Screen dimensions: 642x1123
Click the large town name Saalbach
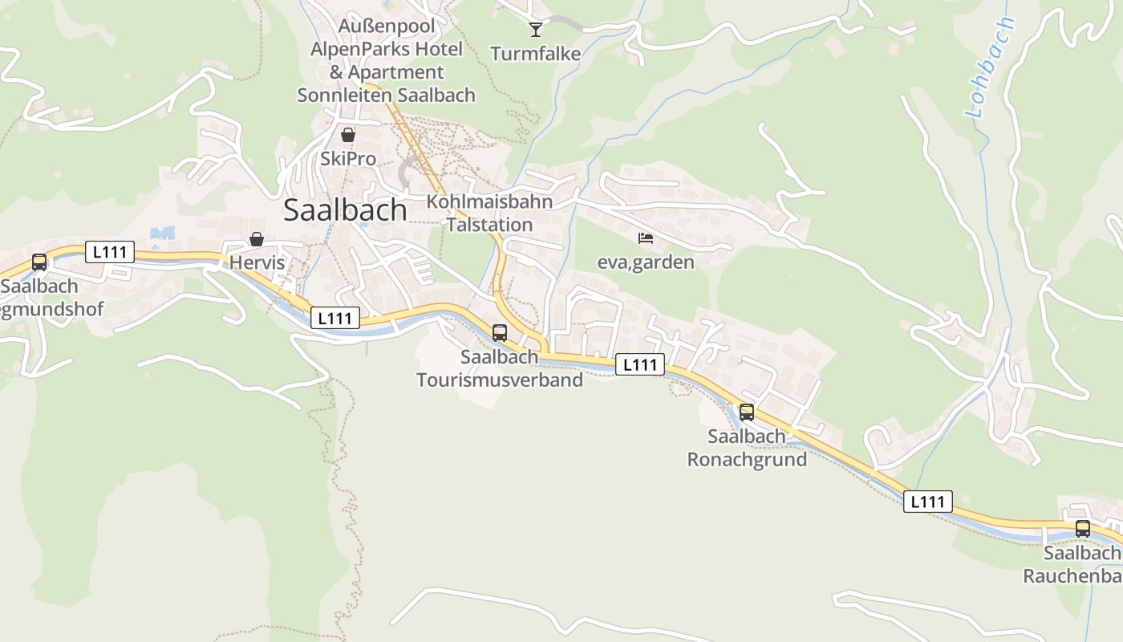click(345, 209)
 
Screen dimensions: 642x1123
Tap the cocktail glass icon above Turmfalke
click(536, 30)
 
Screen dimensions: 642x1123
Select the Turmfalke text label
click(535, 55)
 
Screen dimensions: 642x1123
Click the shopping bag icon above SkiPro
click(348, 135)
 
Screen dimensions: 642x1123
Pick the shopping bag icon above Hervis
click(257, 239)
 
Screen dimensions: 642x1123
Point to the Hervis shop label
click(257, 262)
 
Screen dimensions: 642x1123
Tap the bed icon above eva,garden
click(646, 238)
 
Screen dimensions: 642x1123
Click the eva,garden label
click(646, 262)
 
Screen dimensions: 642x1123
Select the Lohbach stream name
click(991, 68)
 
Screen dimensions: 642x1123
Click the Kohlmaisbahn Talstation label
click(489, 213)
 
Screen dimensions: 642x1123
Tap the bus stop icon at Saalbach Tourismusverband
click(500, 332)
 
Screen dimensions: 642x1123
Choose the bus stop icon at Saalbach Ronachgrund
click(747, 412)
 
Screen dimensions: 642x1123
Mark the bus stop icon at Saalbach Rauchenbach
click(1083, 529)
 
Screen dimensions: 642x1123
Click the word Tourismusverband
click(500, 380)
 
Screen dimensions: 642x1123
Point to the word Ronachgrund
click(747, 460)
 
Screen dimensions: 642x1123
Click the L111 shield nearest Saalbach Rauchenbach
click(928, 502)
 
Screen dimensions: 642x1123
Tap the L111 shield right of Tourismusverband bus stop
click(640, 365)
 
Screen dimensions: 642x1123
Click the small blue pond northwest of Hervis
click(162, 234)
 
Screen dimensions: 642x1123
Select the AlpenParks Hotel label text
click(387, 49)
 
